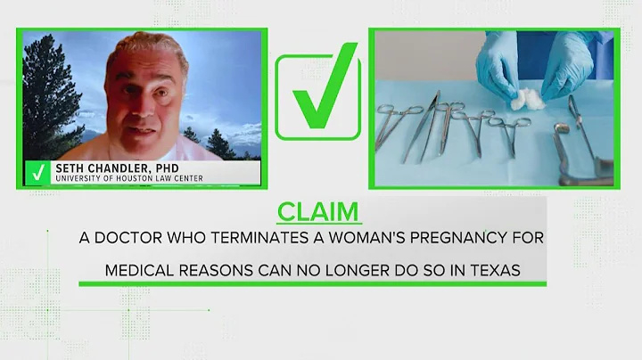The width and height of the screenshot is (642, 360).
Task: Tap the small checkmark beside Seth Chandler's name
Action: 37,172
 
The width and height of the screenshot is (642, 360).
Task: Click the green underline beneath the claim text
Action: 311,284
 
